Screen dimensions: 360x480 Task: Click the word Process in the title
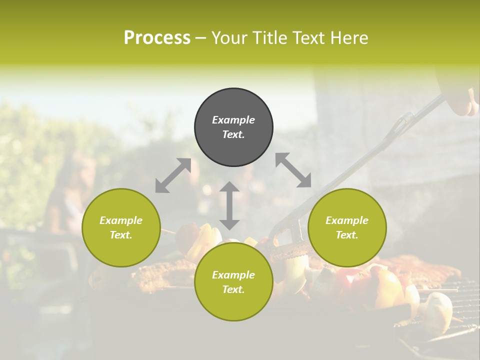157,38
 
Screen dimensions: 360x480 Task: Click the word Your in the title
230,38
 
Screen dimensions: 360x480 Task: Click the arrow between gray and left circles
173,175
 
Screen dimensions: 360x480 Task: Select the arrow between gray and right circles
293,170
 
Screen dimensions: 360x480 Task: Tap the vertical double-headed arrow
229,205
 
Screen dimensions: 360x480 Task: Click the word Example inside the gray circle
233,120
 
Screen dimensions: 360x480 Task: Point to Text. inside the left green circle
121,235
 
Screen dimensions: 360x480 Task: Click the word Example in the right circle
347,220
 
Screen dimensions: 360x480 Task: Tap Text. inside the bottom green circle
233,289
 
